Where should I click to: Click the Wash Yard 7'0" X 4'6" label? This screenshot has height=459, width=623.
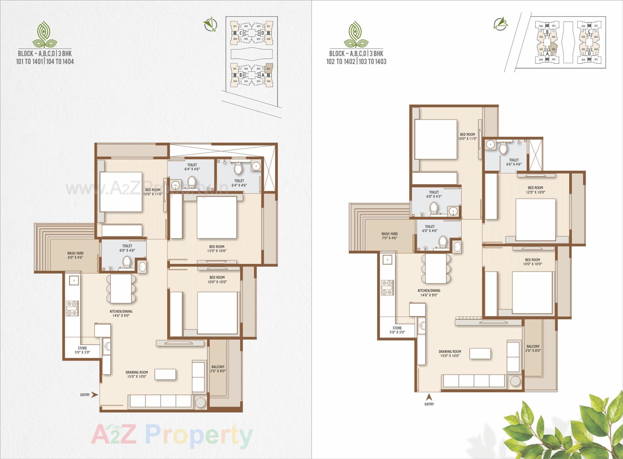389,236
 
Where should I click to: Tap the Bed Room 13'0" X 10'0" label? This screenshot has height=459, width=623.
217,249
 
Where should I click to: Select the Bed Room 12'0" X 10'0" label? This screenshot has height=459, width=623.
535,190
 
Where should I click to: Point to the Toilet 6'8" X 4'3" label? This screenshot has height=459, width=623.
434,194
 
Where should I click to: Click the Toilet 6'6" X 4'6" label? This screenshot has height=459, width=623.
514,162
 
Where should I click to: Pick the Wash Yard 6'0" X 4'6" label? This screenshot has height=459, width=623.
75,255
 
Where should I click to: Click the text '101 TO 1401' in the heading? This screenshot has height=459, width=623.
29,61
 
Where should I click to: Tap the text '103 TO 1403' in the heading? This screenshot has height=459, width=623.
373,61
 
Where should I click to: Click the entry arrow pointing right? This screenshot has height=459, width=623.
94,395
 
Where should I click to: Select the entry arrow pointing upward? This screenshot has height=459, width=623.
429,397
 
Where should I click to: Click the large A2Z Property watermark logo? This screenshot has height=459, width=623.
172,435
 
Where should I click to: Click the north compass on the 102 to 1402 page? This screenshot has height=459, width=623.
500,24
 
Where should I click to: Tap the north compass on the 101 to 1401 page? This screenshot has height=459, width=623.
210,24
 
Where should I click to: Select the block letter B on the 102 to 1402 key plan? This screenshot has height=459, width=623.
547,32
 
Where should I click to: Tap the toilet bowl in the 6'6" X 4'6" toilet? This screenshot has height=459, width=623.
503,148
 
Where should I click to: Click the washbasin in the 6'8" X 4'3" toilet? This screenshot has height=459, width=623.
453,211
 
